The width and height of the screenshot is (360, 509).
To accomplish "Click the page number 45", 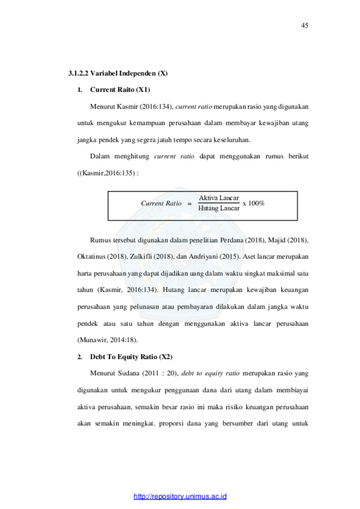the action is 305,25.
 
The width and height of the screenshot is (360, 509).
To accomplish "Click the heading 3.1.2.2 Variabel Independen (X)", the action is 118,73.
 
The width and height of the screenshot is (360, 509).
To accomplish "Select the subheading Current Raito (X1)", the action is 120,90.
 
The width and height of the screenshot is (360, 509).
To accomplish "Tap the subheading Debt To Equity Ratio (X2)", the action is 131,357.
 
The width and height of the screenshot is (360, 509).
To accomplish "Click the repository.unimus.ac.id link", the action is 180,496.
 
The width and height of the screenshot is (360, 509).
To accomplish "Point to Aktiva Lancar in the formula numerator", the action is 219,198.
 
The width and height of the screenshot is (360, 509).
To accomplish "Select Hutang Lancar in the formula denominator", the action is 219,208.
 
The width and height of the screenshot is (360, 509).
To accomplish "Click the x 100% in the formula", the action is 254,203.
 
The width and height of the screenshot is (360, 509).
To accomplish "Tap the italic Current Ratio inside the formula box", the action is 161,203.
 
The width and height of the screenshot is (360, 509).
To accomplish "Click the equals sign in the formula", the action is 189,204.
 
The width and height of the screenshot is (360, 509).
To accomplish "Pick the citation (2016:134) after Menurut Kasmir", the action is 157,106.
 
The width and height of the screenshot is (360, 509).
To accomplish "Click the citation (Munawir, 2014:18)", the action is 107,340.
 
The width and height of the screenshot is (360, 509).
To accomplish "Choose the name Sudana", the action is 128,373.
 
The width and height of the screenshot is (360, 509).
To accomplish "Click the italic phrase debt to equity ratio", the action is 210,373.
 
